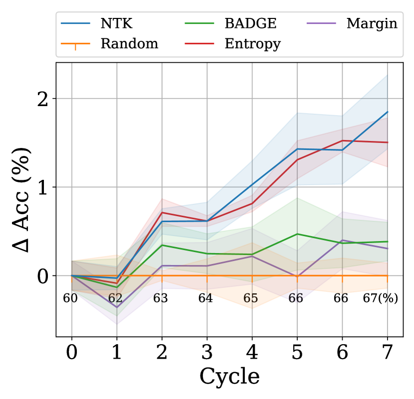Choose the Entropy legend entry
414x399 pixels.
coord(252,44)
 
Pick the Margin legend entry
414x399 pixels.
coord(372,23)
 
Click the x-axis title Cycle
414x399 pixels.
coord(229,377)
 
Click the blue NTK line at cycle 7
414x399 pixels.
coord(388,112)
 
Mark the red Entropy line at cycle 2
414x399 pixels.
coord(162,212)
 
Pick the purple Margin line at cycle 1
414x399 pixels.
coord(117,307)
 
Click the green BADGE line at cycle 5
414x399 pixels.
coord(297,234)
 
